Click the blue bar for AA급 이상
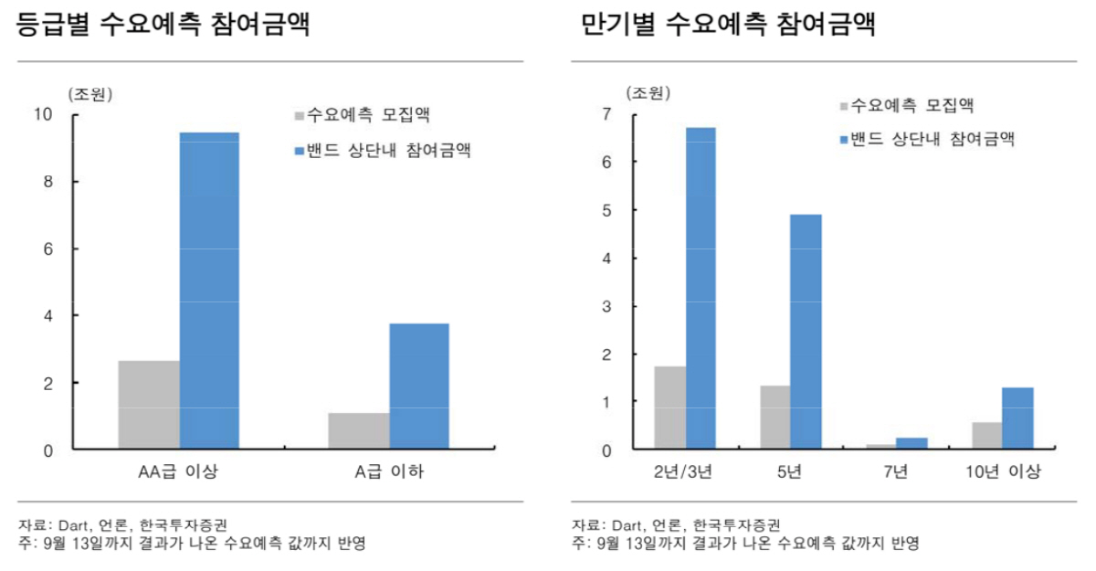coord(209,291)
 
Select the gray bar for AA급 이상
coord(149,405)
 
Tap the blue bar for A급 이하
coord(418,386)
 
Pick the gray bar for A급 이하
coord(358,431)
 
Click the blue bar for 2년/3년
coord(701,289)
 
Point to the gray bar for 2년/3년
coord(669,407)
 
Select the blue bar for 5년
coord(806,332)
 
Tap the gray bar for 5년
coord(775,418)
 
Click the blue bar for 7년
coord(912,443)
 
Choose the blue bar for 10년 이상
coord(1017,418)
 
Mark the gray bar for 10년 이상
coord(986,436)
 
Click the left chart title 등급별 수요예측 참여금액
coord(164,25)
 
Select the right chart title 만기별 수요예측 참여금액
coord(729,25)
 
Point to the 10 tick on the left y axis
coord(43,114)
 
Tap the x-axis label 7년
coord(896,472)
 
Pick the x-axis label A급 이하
coord(388,472)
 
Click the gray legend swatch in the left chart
coord(300,116)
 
